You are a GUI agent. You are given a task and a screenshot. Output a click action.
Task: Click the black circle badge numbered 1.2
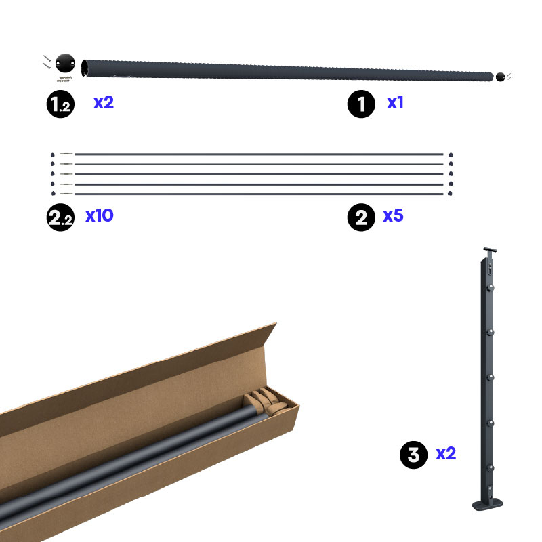60,104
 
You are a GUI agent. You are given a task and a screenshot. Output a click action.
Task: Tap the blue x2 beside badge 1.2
104,103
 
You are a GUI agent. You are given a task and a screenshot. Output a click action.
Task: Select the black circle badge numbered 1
361,104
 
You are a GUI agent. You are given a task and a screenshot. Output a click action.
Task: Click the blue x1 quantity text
395,103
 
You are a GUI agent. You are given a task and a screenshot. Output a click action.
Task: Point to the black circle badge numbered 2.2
60,217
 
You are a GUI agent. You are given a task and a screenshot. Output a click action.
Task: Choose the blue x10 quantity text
100,215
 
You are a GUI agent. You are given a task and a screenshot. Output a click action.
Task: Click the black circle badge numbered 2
361,217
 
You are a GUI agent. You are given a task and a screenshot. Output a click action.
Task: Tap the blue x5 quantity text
394,215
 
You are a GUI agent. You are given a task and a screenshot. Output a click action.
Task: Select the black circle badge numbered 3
414,455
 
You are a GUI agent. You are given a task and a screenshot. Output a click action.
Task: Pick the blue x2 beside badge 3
446,453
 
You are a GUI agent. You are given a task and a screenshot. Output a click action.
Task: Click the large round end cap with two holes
65,63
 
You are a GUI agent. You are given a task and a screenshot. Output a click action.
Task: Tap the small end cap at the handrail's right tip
500,77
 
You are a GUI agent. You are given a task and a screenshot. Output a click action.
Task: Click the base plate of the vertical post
487,504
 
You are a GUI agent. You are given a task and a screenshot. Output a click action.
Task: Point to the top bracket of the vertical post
490,250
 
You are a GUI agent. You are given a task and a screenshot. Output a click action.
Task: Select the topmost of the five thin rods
259,154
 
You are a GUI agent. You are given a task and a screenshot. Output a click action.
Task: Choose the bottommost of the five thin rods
259,194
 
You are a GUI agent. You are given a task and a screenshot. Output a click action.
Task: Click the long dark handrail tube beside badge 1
287,70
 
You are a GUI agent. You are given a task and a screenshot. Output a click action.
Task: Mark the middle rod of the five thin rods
259,174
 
